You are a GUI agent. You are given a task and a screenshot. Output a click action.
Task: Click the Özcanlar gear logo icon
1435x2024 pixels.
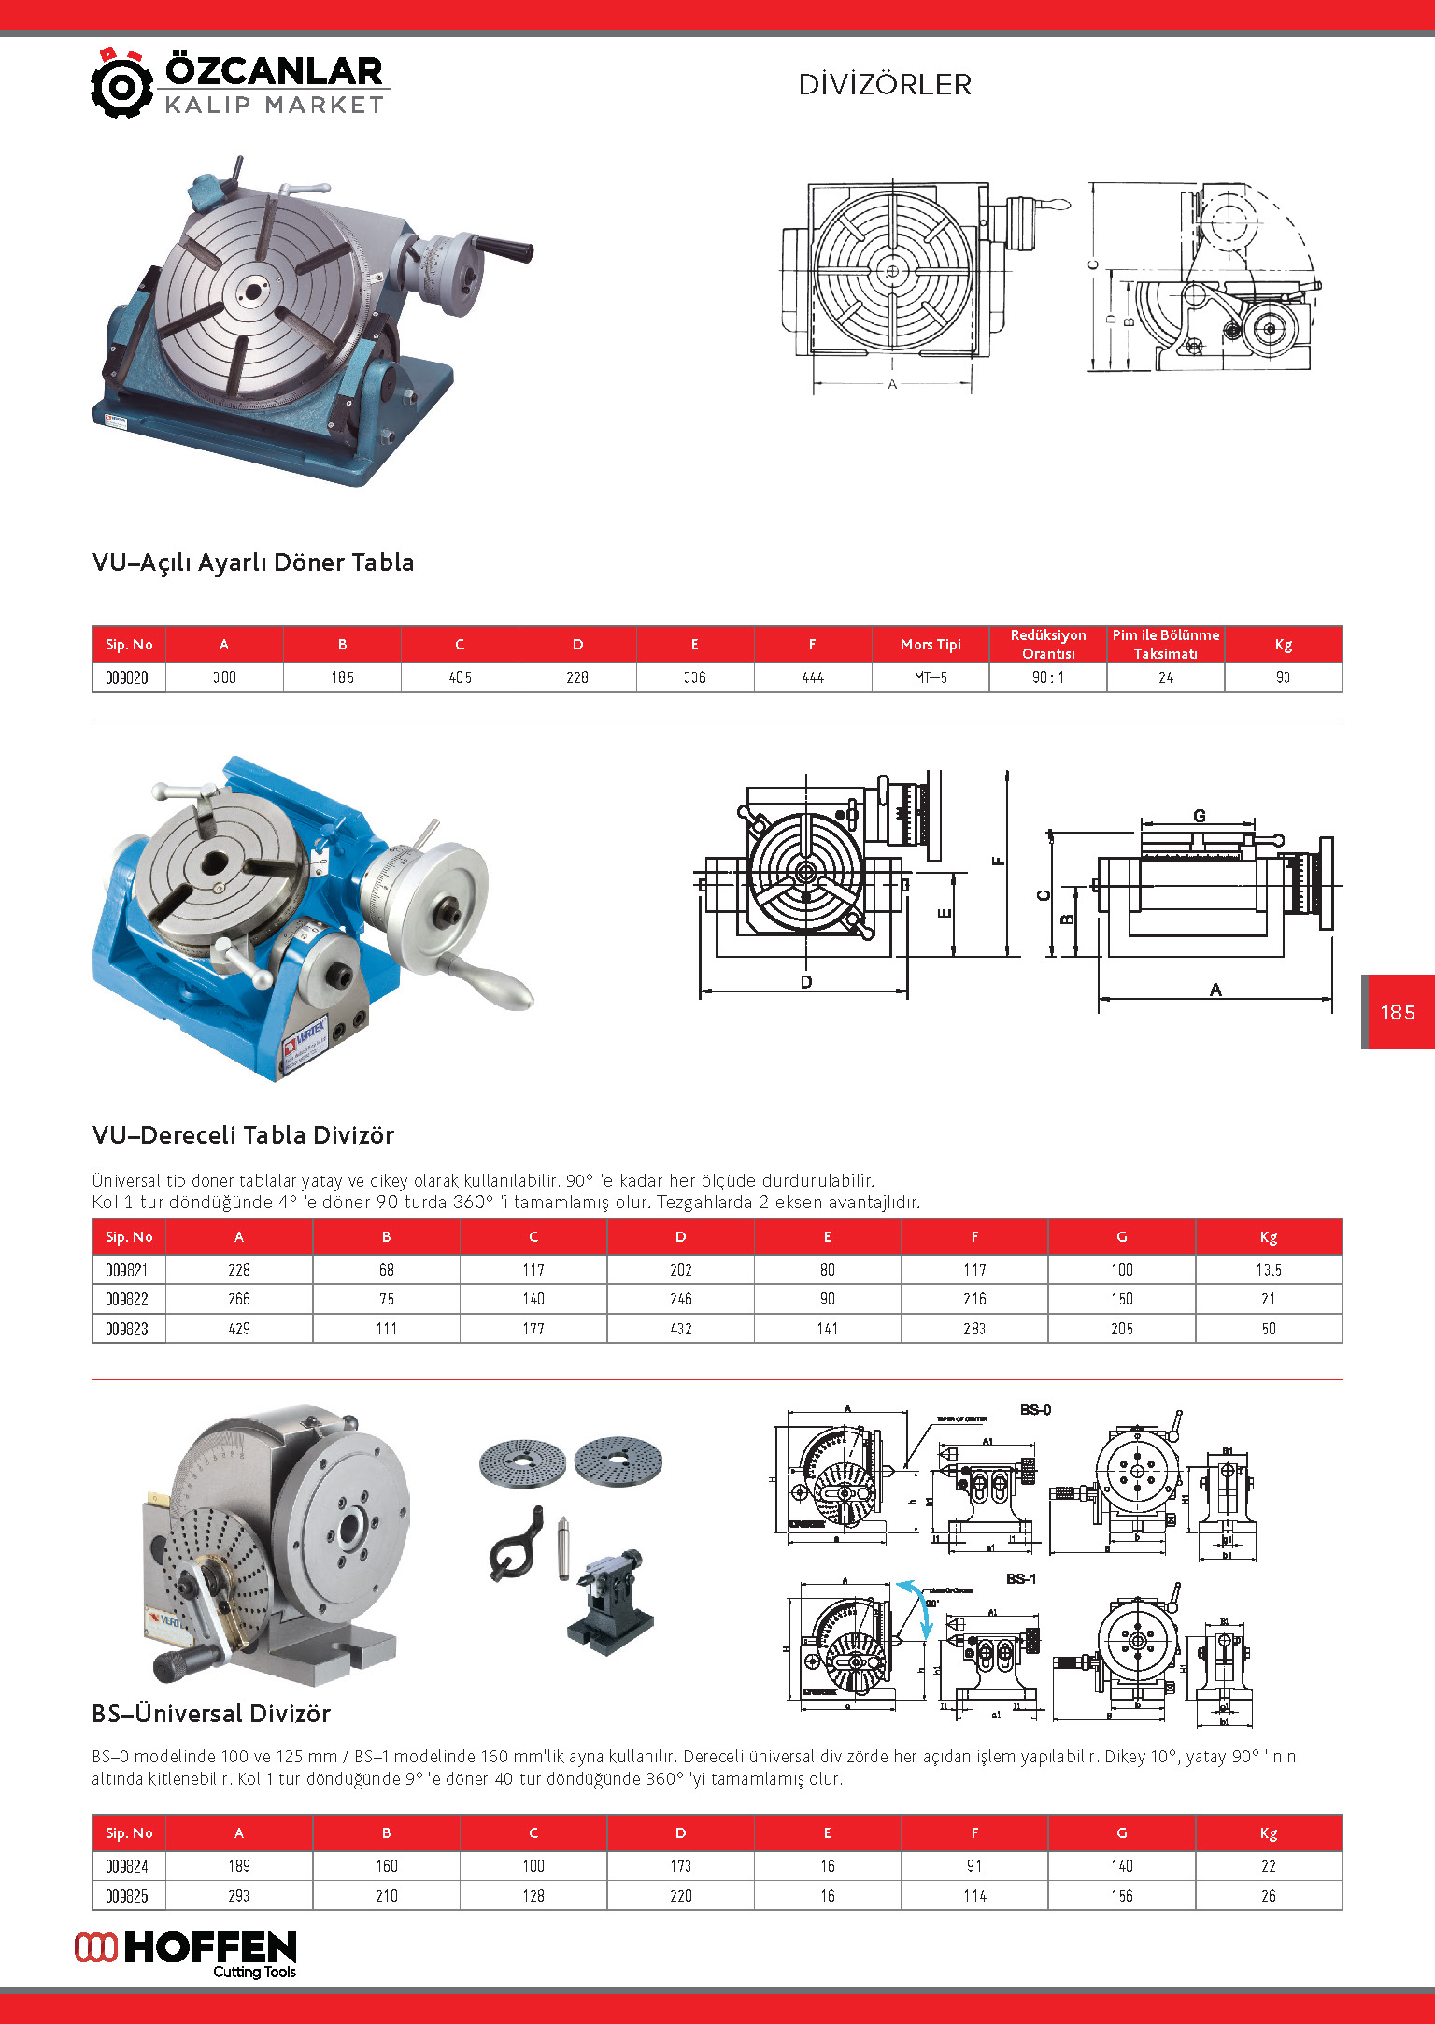tap(121, 84)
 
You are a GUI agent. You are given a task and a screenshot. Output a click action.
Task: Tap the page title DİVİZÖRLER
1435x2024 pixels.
tap(885, 85)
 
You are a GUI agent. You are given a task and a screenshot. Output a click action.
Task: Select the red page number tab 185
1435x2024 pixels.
tap(1398, 1012)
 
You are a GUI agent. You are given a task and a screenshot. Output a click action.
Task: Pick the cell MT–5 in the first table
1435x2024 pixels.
tap(931, 677)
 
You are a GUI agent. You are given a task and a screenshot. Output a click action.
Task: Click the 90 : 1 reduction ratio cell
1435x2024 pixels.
tap(1047, 677)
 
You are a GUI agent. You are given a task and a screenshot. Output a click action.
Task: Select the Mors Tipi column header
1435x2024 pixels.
tap(931, 645)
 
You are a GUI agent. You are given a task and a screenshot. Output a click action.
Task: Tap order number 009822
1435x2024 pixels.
tap(127, 1299)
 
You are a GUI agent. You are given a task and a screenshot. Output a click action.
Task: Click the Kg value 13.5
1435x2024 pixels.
tap(1268, 1270)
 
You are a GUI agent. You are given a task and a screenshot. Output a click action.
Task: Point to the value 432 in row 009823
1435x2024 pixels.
tap(680, 1329)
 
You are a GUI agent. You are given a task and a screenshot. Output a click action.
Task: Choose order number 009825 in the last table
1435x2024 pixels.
tap(127, 1896)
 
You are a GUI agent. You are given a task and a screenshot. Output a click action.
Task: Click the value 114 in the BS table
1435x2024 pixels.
tap(974, 1896)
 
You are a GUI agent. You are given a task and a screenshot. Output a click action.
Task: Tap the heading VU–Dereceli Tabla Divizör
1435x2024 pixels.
tap(243, 1135)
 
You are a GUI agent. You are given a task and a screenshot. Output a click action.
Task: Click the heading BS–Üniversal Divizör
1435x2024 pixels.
tap(211, 1714)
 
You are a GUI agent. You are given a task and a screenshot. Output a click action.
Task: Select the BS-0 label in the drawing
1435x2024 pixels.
tap(1035, 1410)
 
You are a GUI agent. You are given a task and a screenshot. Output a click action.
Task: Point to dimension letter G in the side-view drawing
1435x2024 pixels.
tap(1200, 816)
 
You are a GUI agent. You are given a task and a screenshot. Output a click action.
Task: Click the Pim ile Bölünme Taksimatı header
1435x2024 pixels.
tap(1165, 645)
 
